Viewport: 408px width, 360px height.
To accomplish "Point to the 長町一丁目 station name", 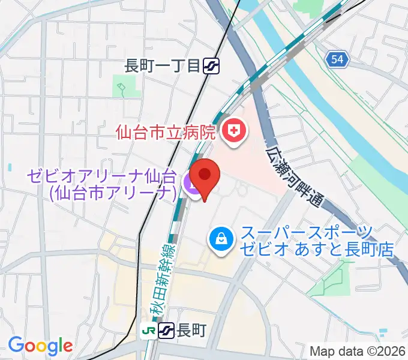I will pyautogui.click(x=161, y=66).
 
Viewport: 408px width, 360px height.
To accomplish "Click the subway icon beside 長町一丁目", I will pyautogui.click(x=211, y=66).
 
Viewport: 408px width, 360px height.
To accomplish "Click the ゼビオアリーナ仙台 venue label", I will pyautogui.click(x=101, y=177).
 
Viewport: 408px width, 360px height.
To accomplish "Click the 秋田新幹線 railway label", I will pyautogui.click(x=161, y=277).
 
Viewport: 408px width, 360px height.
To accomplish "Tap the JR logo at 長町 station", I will pyautogui.click(x=148, y=330).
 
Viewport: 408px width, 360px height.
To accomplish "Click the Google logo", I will pyautogui.click(x=40, y=345).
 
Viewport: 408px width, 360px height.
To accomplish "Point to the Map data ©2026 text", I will pyautogui.click(x=358, y=350).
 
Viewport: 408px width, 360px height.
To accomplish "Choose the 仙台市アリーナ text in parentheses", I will pyautogui.click(x=114, y=192).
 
